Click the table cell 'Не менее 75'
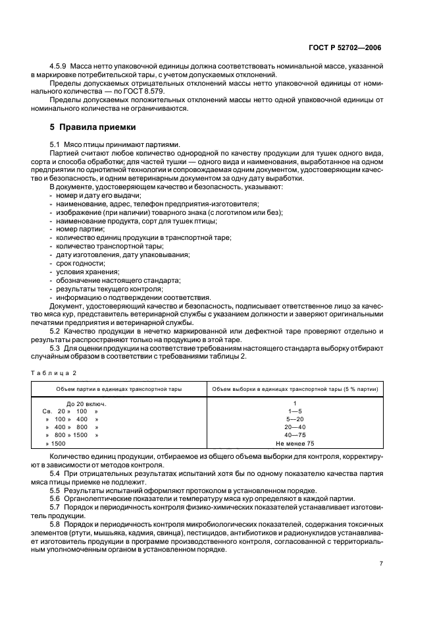(x=295, y=444)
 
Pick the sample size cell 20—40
(x=295, y=427)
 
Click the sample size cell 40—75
(x=295, y=436)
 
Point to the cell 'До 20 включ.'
(x=86, y=402)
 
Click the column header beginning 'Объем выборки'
(x=294, y=389)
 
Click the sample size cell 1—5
(x=295, y=411)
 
